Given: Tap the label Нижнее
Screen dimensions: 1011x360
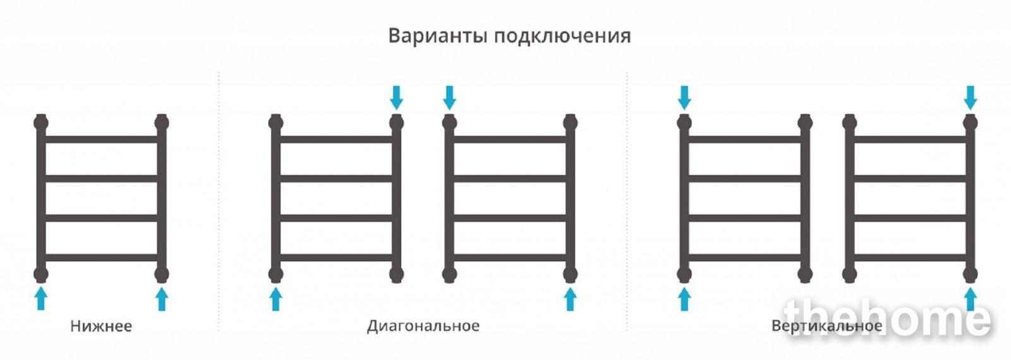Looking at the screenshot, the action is point(101,326).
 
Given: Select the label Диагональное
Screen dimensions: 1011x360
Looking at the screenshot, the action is point(423,326).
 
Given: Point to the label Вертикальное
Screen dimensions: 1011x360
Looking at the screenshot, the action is point(827,326).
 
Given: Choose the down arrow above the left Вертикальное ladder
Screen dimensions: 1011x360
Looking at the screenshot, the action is point(684,97).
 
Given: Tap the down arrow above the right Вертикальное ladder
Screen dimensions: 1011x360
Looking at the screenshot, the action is point(971,97).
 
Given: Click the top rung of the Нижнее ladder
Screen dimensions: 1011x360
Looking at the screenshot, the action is point(101,139).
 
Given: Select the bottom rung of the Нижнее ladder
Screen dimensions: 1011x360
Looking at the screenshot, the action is point(101,258).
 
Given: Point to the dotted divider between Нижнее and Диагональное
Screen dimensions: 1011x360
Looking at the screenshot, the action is point(219,201).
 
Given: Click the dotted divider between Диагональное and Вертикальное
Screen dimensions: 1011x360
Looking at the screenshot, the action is point(627,201).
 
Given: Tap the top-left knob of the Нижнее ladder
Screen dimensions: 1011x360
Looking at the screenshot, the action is point(41,123).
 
